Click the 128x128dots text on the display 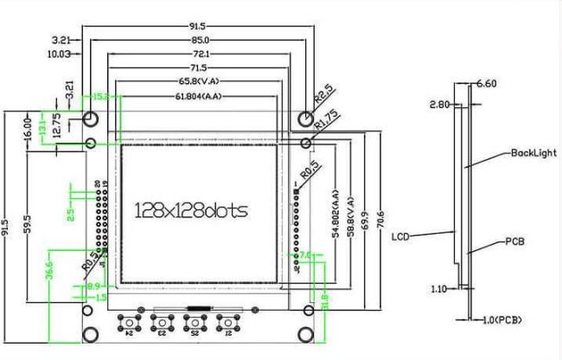[x=191, y=210]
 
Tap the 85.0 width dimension [x=200, y=40]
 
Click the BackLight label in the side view [x=532, y=152]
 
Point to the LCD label [x=399, y=235]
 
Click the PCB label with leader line [x=515, y=242]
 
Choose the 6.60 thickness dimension [x=486, y=84]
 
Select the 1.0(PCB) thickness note [x=503, y=320]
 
